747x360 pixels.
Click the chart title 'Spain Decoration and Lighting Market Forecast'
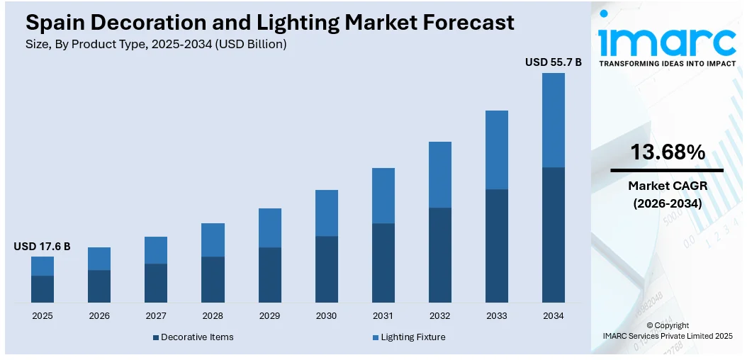coord(270,23)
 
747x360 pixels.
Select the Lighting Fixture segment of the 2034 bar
coord(553,120)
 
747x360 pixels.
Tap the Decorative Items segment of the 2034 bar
coord(553,235)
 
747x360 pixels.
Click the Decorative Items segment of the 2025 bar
coord(43,289)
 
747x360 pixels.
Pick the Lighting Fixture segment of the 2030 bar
coord(326,213)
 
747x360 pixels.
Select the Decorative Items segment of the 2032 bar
coord(439,255)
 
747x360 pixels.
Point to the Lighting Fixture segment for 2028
coord(213,240)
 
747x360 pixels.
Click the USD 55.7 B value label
coord(553,62)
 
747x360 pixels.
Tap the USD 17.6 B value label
coord(42,247)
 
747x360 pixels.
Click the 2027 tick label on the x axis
coord(156,315)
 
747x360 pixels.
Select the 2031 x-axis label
coord(383,315)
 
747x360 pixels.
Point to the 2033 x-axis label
coord(496,315)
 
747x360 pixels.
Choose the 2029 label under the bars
coord(269,315)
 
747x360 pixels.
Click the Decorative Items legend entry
coord(193,337)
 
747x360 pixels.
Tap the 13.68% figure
coord(667,152)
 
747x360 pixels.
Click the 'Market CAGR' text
coord(667,186)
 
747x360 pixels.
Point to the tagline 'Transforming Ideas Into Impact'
coord(667,63)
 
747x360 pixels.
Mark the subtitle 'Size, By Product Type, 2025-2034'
coord(156,44)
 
